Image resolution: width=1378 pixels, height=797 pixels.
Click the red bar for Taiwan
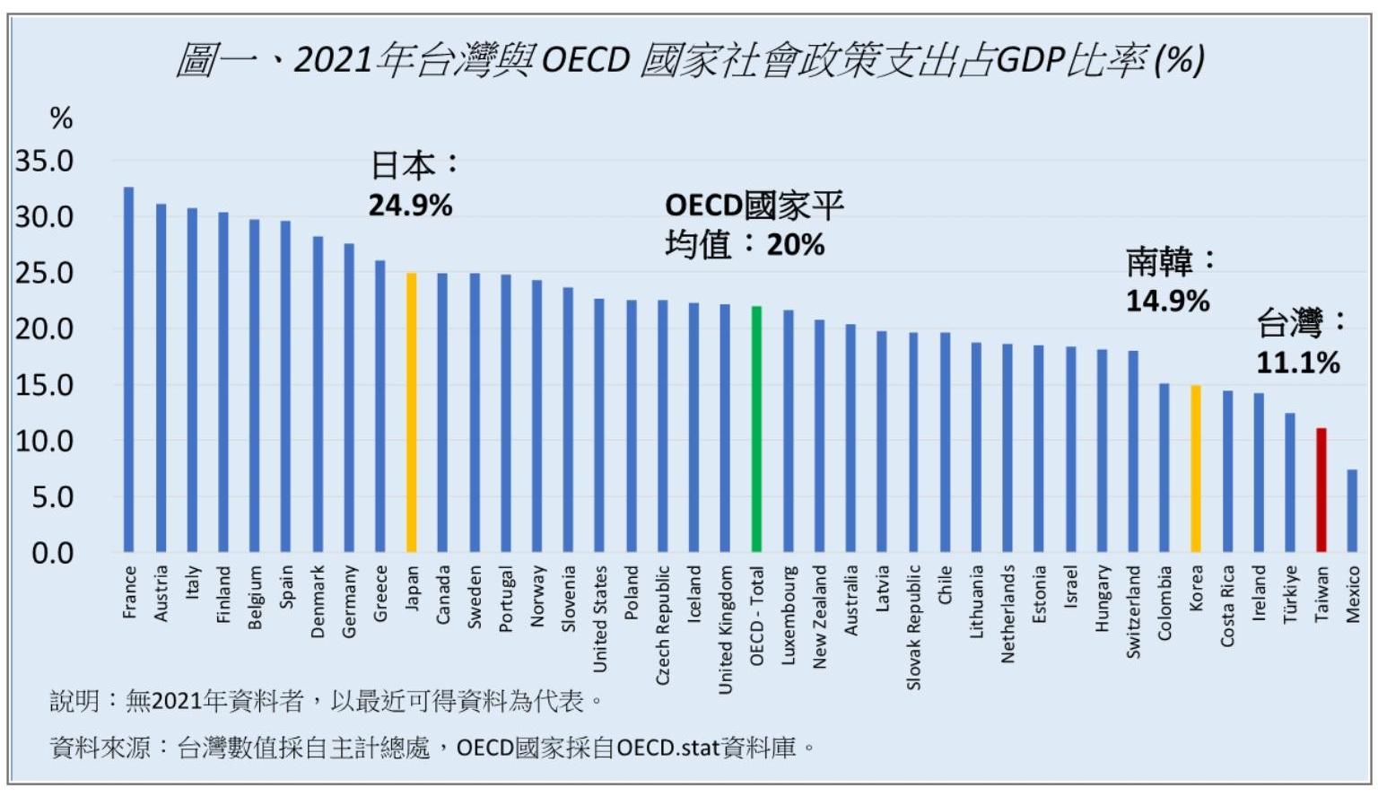click(x=1321, y=490)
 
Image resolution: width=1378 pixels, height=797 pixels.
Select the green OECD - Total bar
click(x=756, y=429)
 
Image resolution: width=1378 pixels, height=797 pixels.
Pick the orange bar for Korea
click(x=1196, y=469)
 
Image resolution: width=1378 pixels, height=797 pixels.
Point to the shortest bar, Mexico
click(x=1352, y=511)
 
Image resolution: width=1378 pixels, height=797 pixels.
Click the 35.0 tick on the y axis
click(x=44, y=162)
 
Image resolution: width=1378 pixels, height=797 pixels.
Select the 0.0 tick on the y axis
click(x=52, y=553)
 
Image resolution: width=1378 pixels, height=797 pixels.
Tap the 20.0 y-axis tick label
click(x=44, y=328)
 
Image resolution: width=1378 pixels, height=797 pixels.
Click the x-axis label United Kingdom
click(x=725, y=629)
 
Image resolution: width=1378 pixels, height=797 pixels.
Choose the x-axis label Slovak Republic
click(x=913, y=626)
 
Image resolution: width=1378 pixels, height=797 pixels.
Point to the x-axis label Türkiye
click(x=1290, y=593)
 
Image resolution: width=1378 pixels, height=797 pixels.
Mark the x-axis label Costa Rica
click(x=1227, y=605)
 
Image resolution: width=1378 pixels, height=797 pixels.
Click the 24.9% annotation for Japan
click(x=410, y=206)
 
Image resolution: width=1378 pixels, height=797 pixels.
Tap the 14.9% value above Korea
click(x=1167, y=301)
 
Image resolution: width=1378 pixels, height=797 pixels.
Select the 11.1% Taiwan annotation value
click(x=1297, y=363)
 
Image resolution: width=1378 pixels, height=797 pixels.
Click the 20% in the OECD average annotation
click(x=796, y=244)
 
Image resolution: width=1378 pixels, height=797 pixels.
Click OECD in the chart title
click(x=586, y=60)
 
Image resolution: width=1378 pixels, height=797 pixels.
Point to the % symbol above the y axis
click(x=61, y=118)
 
